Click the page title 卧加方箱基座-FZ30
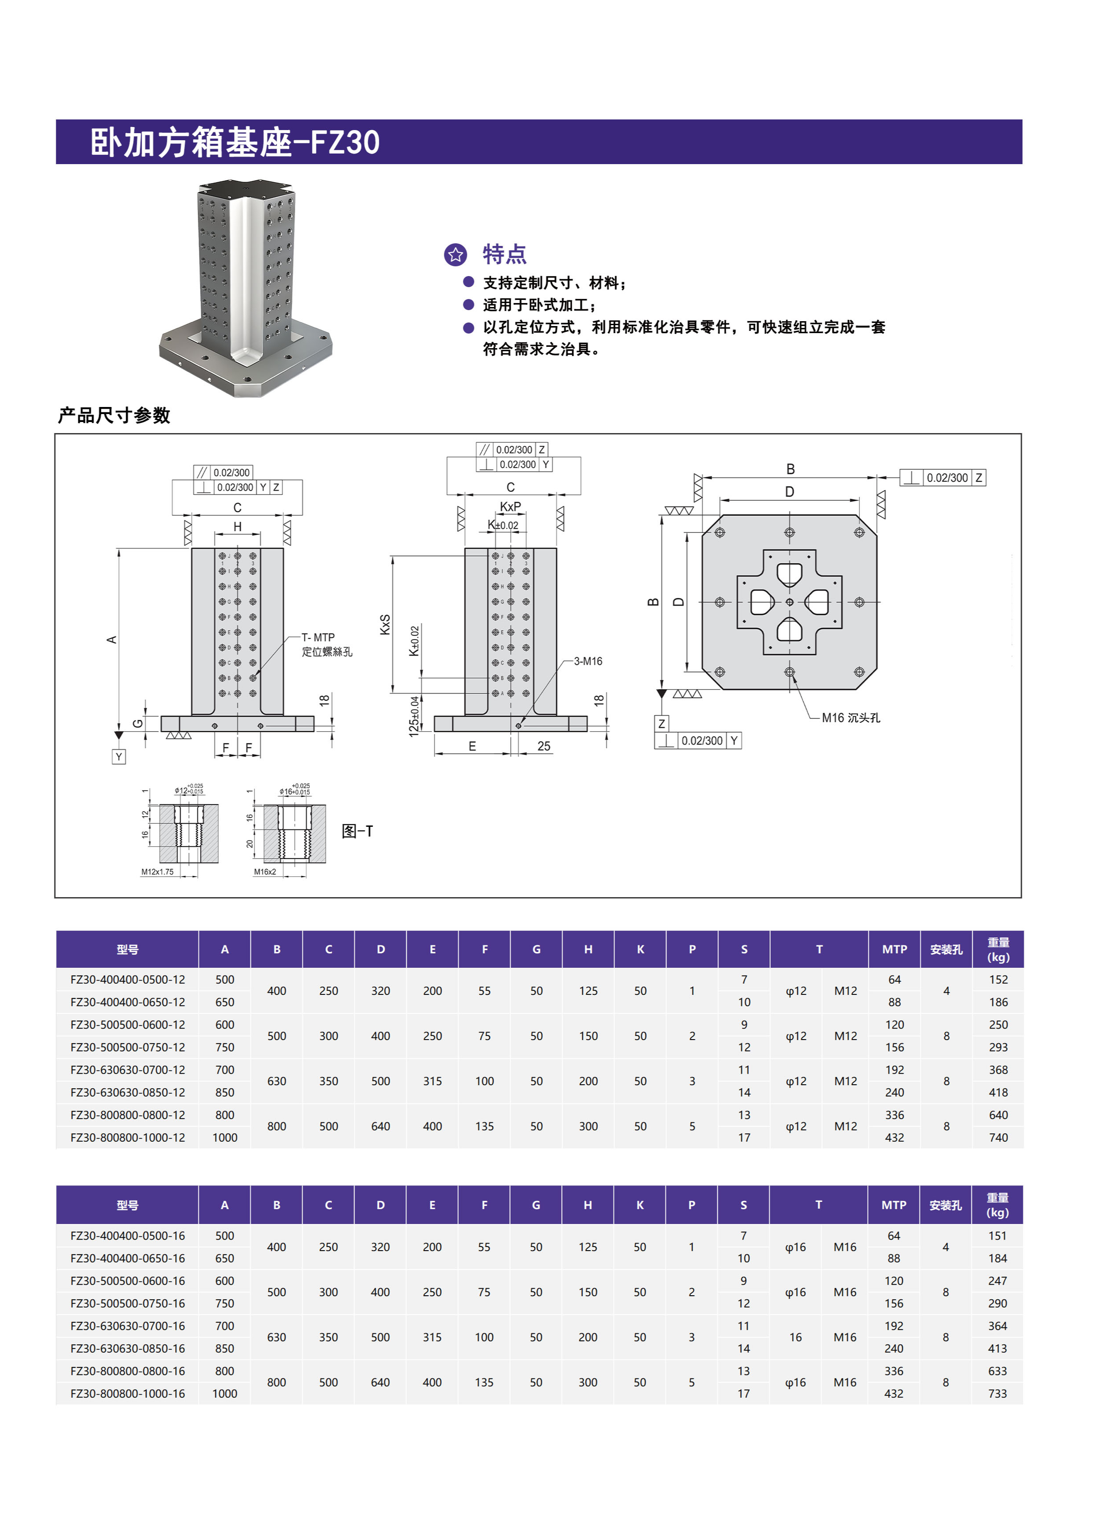235,142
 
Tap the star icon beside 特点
455,254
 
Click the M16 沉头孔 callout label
850,718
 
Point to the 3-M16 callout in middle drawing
588,661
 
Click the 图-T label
357,831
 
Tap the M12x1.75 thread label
157,871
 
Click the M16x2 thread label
265,871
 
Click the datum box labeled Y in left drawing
119,757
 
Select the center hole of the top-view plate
789,602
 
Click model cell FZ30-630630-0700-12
127,1070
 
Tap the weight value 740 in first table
998,1137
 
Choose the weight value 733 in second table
997,1393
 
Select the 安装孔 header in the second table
945,1205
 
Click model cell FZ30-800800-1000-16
127,1393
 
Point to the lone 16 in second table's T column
795,1337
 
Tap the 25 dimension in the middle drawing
544,746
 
